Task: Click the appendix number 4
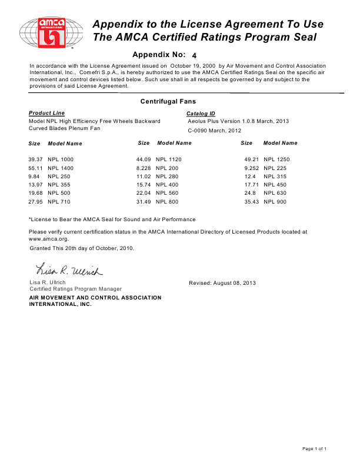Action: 195,55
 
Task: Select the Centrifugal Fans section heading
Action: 168,102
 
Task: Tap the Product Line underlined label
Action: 47,113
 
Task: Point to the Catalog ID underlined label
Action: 201,113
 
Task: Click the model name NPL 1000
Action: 61,159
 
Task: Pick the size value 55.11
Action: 36,168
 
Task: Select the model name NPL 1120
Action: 169,159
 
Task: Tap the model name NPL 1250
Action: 276,159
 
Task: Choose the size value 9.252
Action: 252,168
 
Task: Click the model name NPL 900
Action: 275,202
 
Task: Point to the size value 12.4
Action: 249,177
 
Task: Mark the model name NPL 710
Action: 59,202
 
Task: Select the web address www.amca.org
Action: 50,239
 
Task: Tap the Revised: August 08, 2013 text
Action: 222,283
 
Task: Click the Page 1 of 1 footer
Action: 315,449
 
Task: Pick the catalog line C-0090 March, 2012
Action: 215,130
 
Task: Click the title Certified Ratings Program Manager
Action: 75,289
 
